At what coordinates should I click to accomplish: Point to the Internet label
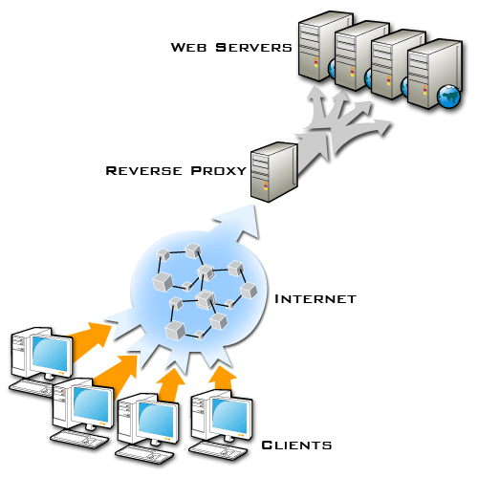pos(315,299)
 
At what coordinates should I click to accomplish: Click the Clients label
pos(296,445)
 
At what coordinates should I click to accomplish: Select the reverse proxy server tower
pos(272,170)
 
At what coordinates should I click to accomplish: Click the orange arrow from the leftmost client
pos(91,335)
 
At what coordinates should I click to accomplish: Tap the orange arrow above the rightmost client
pos(223,377)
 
